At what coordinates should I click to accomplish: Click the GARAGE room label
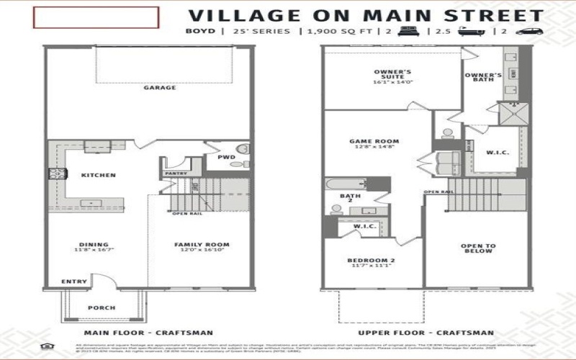click(159, 88)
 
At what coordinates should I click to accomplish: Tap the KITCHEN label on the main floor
click(99, 176)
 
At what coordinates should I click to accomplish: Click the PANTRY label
click(176, 174)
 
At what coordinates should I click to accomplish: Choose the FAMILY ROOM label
click(196, 245)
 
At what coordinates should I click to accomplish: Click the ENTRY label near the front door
click(73, 282)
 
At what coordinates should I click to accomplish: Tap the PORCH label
click(102, 307)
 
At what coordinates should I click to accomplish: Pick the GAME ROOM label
click(374, 142)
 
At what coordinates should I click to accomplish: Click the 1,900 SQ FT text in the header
click(336, 32)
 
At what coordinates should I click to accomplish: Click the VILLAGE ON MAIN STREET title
click(366, 14)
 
